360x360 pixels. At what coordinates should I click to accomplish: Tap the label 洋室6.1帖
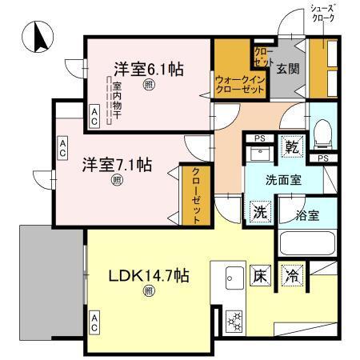click(148, 69)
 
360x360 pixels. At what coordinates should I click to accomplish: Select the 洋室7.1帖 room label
click(118, 166)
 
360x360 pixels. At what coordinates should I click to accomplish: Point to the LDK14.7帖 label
click(149, 277)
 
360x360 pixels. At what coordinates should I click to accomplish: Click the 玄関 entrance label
click(288, 68)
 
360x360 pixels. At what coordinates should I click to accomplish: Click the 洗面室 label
click(284, 180)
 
